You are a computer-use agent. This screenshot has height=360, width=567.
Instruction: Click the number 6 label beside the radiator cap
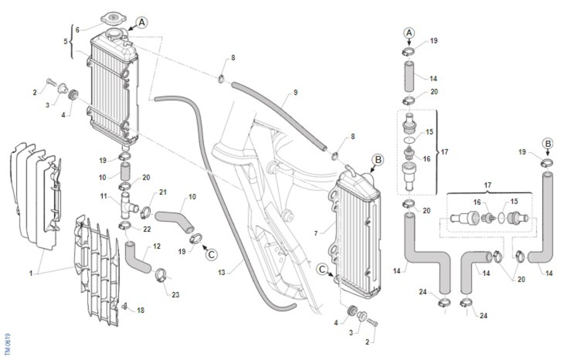[x=77, y=29]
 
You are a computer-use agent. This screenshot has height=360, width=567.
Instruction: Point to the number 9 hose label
[x=295, y=93]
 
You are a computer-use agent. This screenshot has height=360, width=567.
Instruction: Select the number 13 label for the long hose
[x=222, y=272]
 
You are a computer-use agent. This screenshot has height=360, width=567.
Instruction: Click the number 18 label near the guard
[x=140, y=310]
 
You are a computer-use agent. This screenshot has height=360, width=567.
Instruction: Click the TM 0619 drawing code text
[x=7, y=345]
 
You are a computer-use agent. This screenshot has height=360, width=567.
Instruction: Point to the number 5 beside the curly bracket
[x=66, y=42]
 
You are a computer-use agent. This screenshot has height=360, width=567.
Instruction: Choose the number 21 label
[x=163, y=192]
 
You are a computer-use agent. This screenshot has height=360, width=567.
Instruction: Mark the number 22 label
[x=147, y=229]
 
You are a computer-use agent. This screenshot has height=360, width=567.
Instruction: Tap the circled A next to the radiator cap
[x=142, y=22]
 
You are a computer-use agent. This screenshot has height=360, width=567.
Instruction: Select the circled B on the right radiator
[x=378, y=160]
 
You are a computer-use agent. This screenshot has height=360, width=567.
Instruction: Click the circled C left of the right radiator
[x=323, y=269]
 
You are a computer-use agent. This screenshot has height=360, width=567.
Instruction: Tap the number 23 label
[x=176, y=295]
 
